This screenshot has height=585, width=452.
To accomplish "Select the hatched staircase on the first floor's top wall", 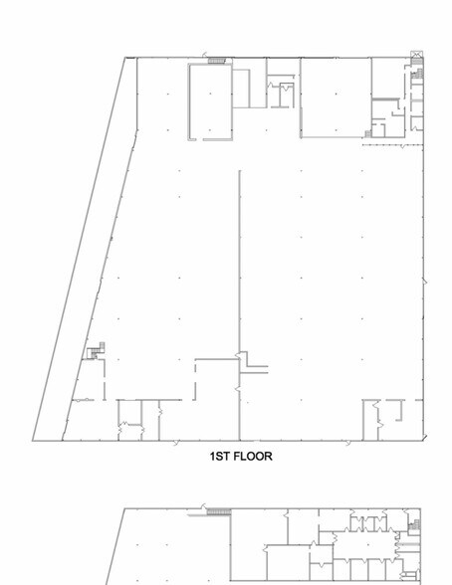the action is tap(217, 61).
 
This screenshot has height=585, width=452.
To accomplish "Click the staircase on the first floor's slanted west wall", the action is tap(97, 350).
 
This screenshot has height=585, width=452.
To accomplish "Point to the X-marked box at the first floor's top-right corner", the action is tap(416, 55).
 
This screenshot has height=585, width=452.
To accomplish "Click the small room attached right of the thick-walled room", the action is tap(241, 89).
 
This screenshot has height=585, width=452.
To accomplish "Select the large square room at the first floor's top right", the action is tap(336, 97).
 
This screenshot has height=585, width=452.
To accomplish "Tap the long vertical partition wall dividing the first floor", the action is tap(240, 305).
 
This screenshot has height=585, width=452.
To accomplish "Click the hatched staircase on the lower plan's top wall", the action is tap(219, 511).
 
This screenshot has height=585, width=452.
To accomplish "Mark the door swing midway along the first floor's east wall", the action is tap(425, 282).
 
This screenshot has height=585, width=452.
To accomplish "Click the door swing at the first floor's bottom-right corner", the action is tap(425, 437).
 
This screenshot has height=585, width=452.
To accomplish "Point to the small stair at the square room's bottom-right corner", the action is tap(368, 134).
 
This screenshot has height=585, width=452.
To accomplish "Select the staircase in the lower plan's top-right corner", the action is tap(414, 525).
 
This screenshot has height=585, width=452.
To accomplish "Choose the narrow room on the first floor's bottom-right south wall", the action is tap(370, 420).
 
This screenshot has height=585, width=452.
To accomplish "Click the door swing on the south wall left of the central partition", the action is tap(176, 443).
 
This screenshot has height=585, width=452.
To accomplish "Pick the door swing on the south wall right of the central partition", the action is tap(347, 443).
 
